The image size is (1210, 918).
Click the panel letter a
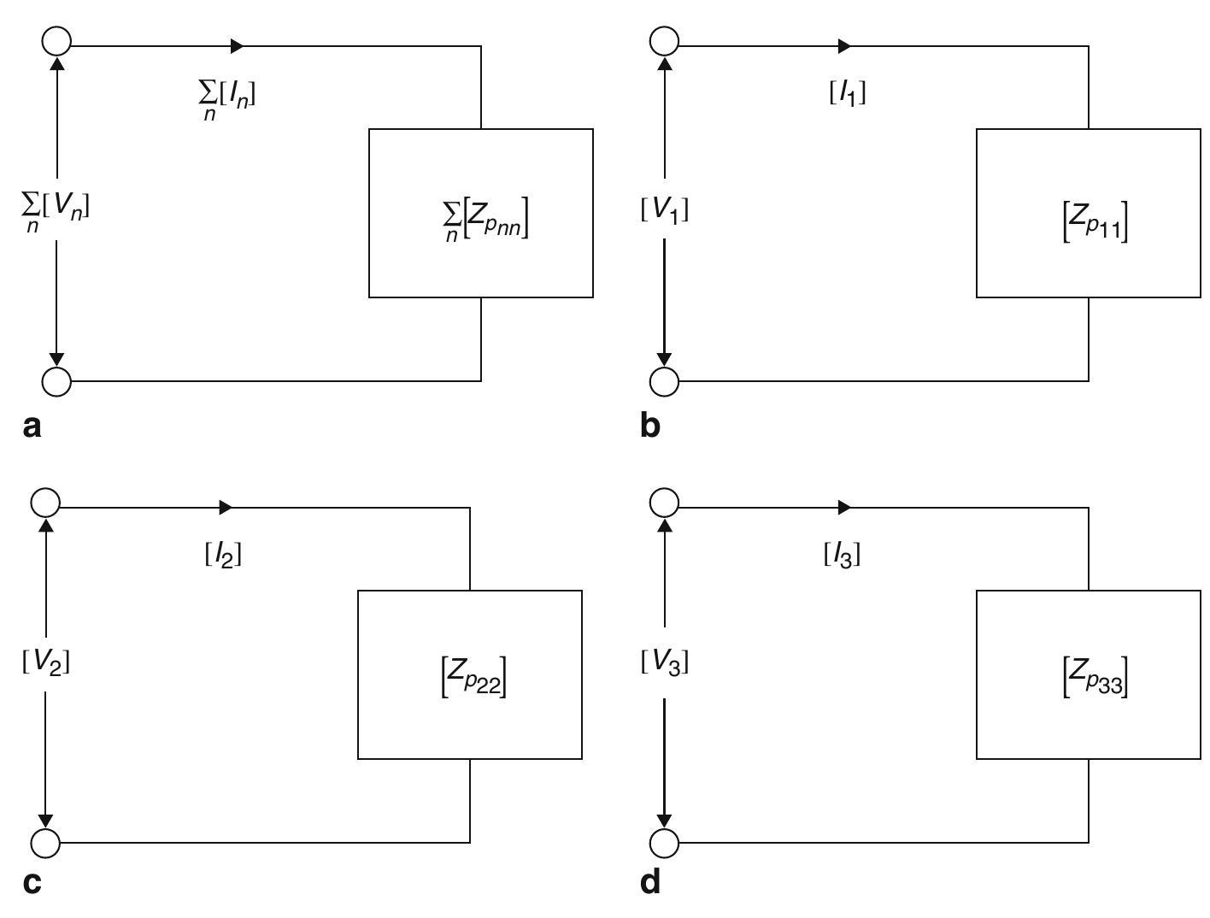[x=32, y=426]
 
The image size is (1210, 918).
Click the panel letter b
[x=649, y=426]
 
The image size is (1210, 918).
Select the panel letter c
[x=32, y=881]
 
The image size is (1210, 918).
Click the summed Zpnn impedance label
[x=481, y=221]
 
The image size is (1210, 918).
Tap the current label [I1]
[x=848, y=93]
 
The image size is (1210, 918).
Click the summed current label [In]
[x=226, y=97]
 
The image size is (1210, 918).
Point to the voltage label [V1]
[x=664, y=209]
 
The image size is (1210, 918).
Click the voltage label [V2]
[x=45, y=662]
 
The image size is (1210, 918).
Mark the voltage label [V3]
[x=664, y=662]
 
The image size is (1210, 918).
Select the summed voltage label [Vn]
[x=56, y=209]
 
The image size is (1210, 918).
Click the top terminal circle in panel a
[x=56, y=40]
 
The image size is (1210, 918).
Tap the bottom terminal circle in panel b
[x=664, y=381]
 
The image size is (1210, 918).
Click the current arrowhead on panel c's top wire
[x=226, y=508]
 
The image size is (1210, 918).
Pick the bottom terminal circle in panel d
[x=664, y=843]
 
